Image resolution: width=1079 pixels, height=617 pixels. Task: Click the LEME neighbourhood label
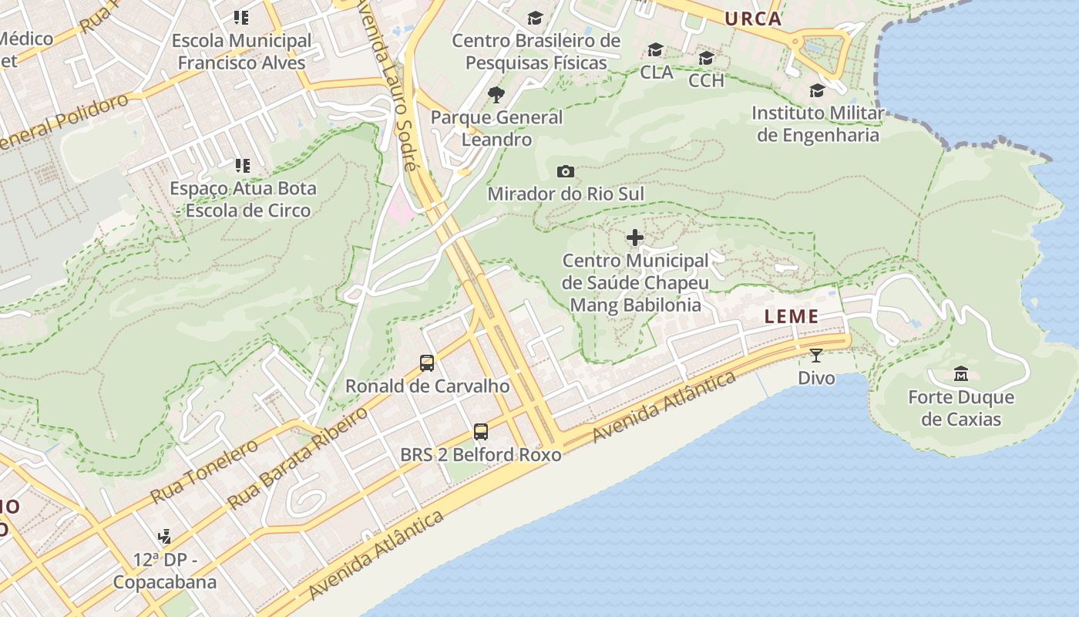click(792, 316)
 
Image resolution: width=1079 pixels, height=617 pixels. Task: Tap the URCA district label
click(753, 19)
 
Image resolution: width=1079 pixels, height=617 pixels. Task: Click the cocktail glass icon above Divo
click(816, 355)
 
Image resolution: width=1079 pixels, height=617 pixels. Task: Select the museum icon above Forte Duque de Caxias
click(961, 374)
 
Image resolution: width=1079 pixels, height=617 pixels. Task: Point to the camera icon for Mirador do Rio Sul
click(565, 171)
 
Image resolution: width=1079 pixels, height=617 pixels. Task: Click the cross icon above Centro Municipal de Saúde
click(634, 238)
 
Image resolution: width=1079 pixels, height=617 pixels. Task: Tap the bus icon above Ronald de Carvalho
click(427, 362)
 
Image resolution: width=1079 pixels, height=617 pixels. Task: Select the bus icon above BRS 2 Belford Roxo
click(481, 432)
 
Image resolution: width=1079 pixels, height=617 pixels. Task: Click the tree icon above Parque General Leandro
click(496, 95)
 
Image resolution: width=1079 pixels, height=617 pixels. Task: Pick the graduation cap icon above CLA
click(656, 50)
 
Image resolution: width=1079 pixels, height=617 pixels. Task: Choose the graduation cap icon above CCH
click(706, 59)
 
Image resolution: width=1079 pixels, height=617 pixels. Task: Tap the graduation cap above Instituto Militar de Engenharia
click(817, 91)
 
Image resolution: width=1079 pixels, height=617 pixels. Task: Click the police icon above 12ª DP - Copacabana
click(164, 536)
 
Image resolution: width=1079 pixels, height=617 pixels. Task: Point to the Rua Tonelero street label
click(203, 471)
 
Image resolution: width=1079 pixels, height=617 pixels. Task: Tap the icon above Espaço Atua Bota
click(243, 165)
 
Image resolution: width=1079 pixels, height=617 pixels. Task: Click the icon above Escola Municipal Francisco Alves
click(241, 18)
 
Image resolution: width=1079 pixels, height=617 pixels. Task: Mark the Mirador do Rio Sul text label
click(565, 194)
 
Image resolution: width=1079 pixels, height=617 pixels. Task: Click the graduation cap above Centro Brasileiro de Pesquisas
click(536, 19)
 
